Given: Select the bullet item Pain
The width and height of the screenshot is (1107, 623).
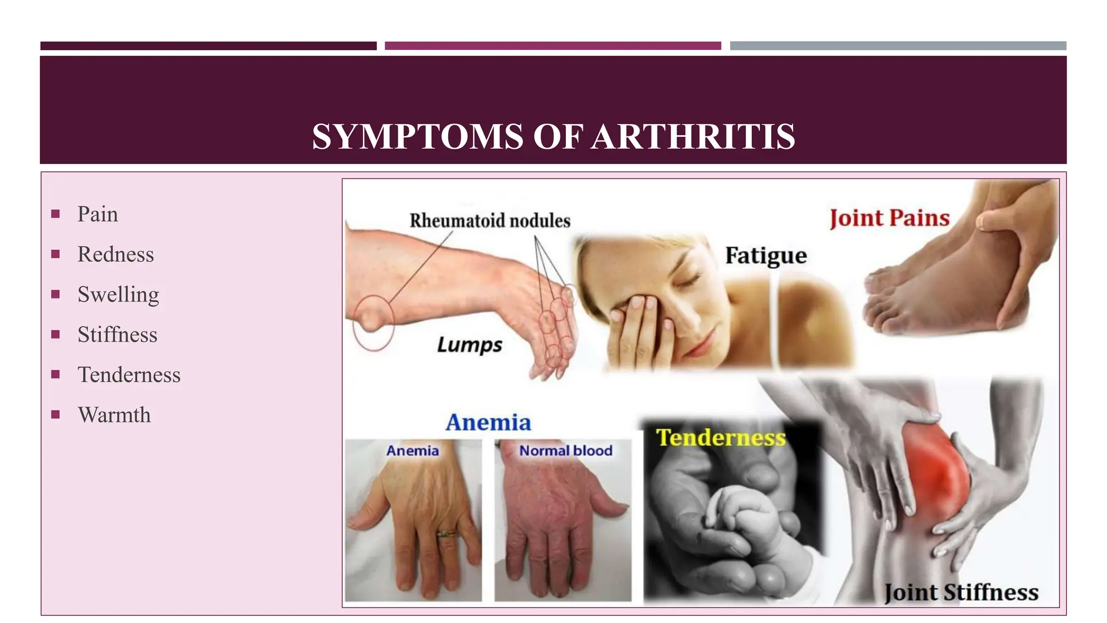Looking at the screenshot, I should [97, 214].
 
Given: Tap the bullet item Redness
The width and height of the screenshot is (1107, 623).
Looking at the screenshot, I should [116, 254].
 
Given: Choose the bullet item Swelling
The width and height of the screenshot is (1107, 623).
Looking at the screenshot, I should [118, 295].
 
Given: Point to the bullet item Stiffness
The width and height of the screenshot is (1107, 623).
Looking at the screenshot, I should [117, 335].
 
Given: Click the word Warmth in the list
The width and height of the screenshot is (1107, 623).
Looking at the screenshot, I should [114, 415].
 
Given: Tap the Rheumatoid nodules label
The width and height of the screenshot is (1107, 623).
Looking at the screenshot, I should [490, 221].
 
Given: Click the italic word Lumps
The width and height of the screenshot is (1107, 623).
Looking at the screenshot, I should [469, 345].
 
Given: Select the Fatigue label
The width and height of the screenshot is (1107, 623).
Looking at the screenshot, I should [765, 255].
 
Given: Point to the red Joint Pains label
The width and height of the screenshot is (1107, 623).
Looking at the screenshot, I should [889, 218].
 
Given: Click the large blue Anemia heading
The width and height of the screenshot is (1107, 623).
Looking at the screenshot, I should [488, 422].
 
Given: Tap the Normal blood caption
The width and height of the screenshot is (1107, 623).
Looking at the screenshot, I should [565, 450].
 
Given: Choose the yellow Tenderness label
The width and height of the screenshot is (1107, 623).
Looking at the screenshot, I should [721, 438].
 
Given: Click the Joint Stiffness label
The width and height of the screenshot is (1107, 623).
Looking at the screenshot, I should [961, 592].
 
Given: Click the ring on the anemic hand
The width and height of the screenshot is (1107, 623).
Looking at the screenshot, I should [447, 534].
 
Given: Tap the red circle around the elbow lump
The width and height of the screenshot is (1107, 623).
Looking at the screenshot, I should [373, 322].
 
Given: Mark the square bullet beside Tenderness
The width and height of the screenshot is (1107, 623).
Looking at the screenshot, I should [55, 374].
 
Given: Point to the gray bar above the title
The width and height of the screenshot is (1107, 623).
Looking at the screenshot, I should [898, 46].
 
